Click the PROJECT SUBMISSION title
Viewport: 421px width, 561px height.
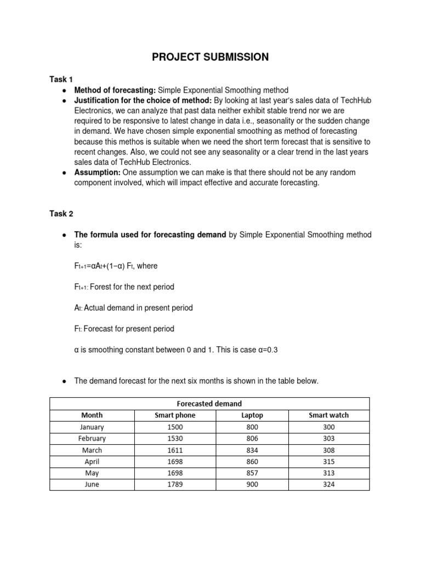210,57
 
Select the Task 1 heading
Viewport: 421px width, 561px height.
61,79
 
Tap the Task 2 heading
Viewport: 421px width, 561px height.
61,214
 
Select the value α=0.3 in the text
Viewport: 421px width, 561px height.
268,350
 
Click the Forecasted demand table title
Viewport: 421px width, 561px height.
209,404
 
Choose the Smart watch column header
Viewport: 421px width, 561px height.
328,415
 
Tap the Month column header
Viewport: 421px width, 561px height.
92,415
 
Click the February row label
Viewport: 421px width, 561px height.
92,438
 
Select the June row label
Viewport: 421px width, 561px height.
92,484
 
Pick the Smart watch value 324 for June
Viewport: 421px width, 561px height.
328,484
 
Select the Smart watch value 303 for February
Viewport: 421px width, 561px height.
328,438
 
